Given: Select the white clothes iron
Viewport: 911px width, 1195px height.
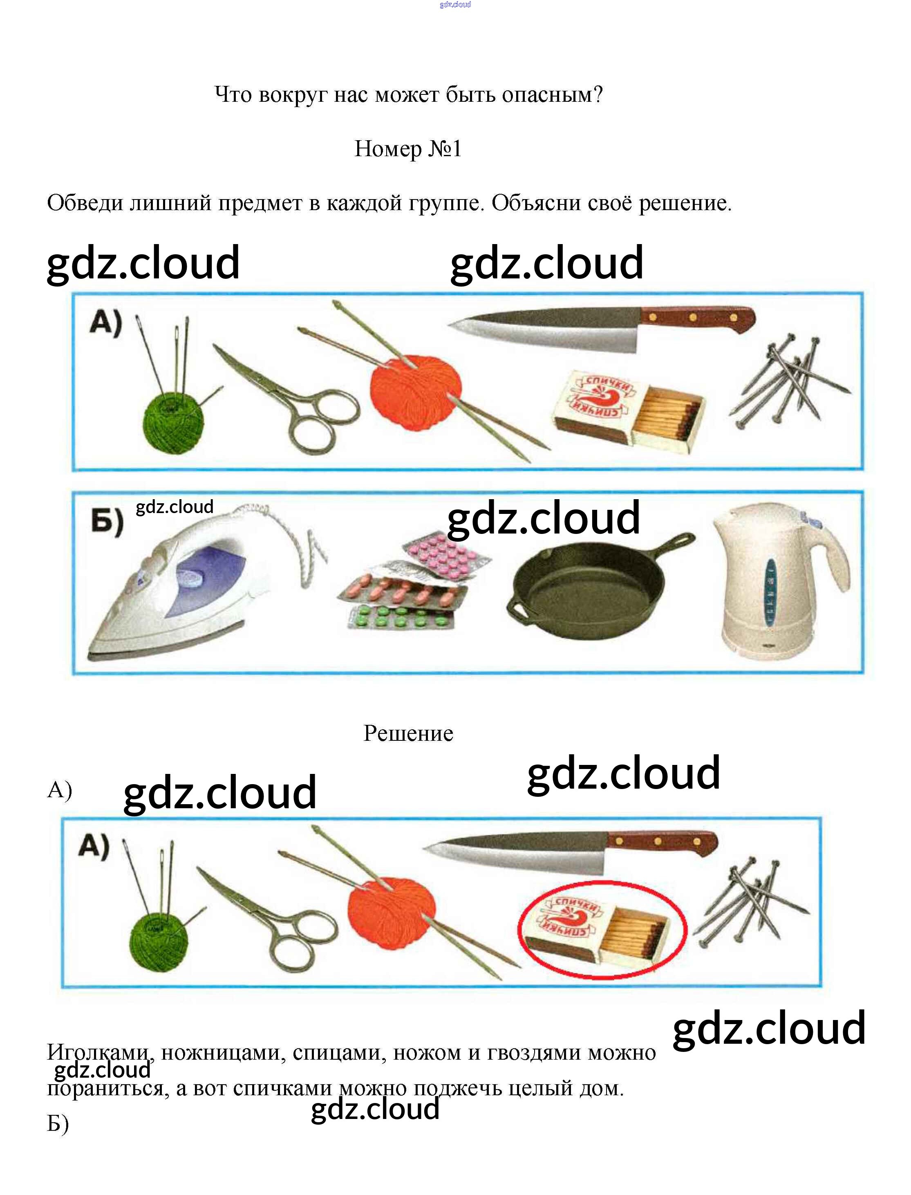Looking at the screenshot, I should click(x=179, y=591).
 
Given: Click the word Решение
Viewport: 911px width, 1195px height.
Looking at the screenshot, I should click(x=408, y=733).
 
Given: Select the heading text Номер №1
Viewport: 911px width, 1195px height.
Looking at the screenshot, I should click(x=408, y=149).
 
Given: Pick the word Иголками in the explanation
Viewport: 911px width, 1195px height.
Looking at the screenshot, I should click(x=98, y=1052).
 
